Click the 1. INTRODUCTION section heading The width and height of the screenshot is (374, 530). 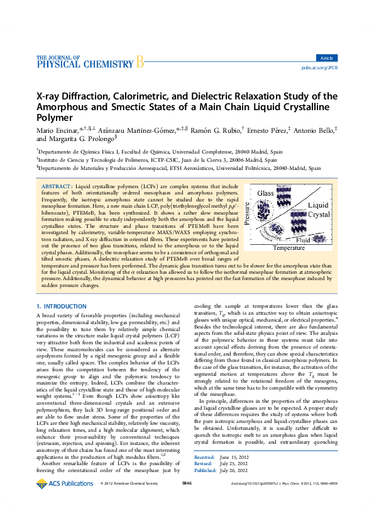point(61,305)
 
